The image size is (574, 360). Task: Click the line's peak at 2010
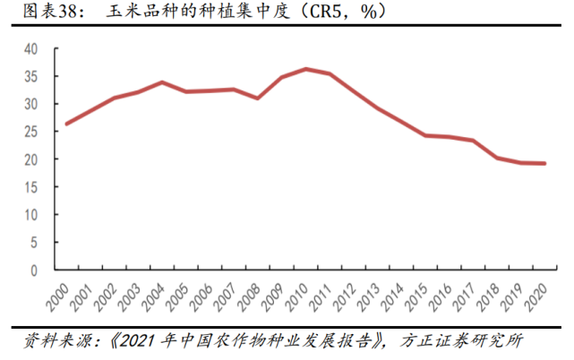tap(306, 69)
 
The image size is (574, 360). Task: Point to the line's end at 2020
tap(544, 163)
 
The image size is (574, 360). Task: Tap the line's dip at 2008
tap(258, 98)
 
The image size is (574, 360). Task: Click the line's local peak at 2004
tap(162, 82)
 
